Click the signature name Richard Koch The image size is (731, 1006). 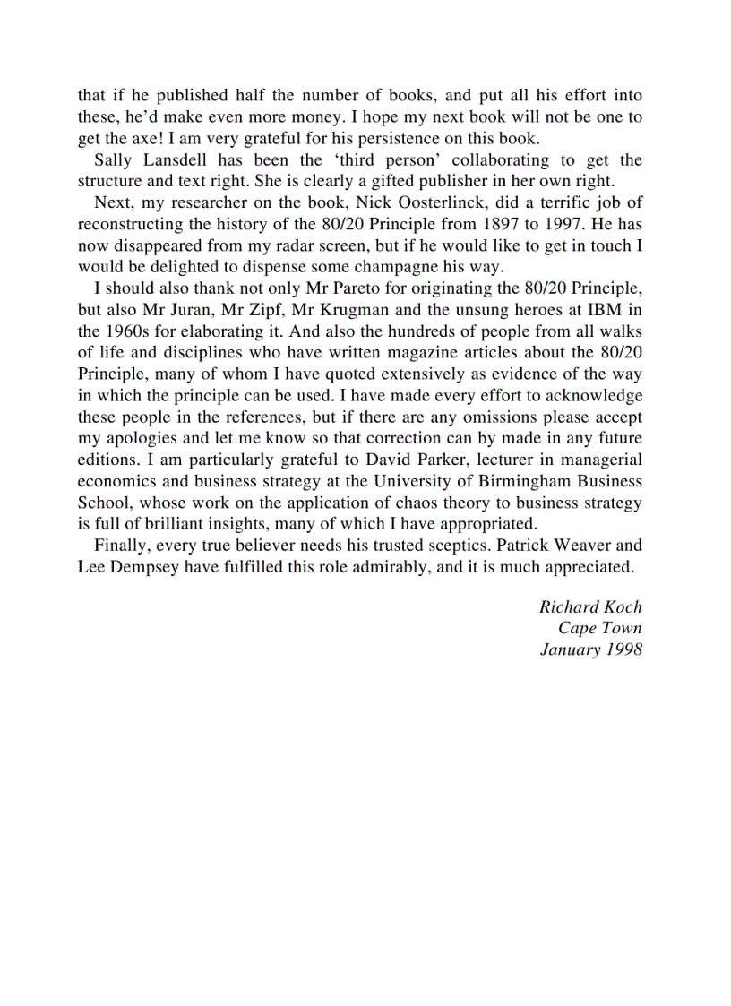click(590, 606)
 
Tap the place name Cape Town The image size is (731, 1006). click(599, 628)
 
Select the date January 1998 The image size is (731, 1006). click(590, 649)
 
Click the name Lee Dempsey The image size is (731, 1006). click(129, 567)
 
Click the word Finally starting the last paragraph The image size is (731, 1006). click(121, 546)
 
